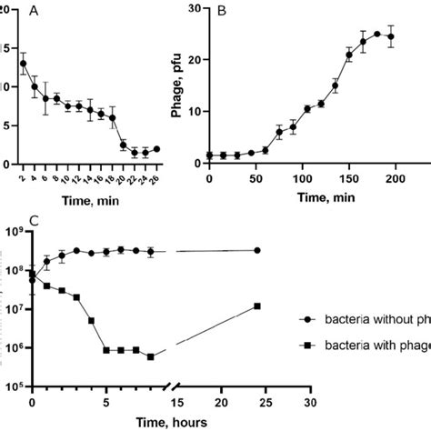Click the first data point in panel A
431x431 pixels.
23,64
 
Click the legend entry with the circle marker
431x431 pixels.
364,320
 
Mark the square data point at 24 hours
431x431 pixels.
258,306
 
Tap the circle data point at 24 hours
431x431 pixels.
258,250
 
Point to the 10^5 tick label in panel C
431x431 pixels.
15,386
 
